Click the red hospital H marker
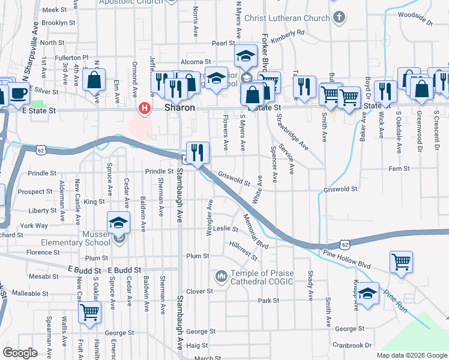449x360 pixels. click(x=144, y=109)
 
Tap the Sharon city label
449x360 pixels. click(x=179, y=107)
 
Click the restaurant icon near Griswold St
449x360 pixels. click(x=197, y=153)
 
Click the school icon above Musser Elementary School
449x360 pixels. click(x=119, y=223)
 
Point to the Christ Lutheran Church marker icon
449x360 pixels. click(x=339, y=18)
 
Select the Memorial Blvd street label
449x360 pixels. click(x=255, y=231)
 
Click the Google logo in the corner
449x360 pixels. click(x=20, y=353)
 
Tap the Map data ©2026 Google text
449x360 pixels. click(x=412, y=355)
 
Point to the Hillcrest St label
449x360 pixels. click(x=243, y=251)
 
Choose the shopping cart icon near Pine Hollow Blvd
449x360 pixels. click(x=401, y=262)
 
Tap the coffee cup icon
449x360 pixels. click(x=18, y=94)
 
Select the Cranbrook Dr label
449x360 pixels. click(x=353, y=346)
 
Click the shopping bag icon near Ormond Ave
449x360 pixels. click(x=94, y=80)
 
